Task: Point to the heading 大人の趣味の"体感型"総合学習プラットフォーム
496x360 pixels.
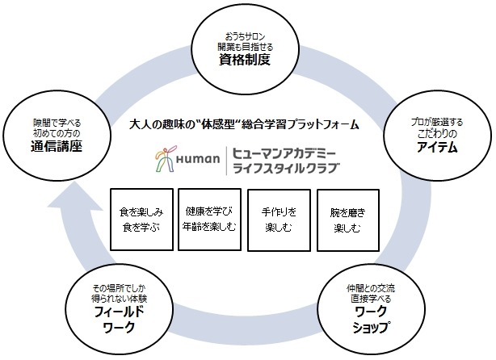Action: click(244, 126)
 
